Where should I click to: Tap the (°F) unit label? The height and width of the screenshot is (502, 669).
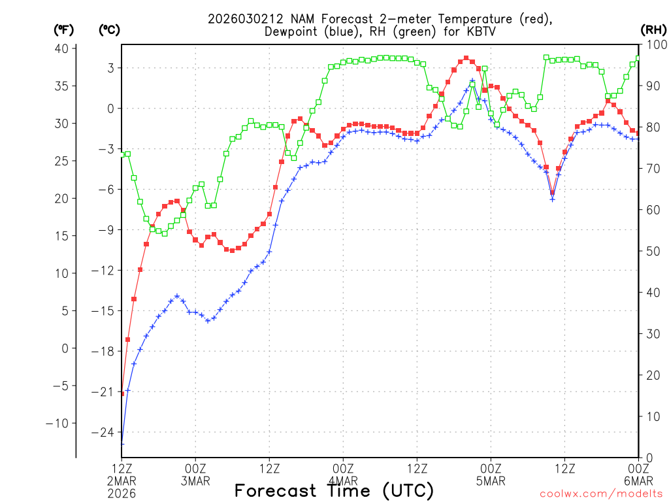[64, 29]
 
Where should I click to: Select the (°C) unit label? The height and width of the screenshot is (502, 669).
[110, 29]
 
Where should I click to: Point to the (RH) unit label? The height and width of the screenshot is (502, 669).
[652, 29]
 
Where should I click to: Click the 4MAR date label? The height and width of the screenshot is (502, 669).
[343, 482]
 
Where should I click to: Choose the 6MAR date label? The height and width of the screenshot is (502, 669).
[638, 482]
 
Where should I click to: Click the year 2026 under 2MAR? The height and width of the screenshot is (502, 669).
[122, 494]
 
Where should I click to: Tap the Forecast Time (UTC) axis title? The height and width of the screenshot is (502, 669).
[334, 490]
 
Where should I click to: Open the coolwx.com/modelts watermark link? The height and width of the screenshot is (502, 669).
[601, 494]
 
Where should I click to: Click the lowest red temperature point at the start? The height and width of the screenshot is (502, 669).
[122, 393]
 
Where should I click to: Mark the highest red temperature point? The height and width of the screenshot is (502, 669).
[466, 58]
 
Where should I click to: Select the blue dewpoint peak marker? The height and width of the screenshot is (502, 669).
[472, 80]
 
